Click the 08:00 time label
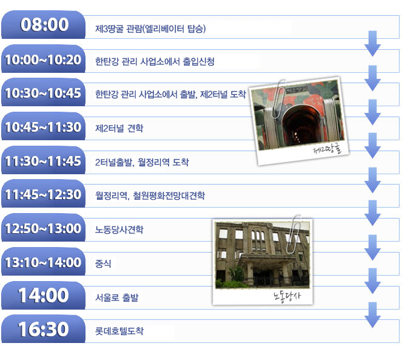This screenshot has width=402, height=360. (x=45, y=25)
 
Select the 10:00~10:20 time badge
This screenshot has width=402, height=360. (x=43, y=59)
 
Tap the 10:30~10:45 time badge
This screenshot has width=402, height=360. (x=43, y=92)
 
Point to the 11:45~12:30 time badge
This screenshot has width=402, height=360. (x=43, y=194)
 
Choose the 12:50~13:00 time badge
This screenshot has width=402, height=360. (x=43, y=228)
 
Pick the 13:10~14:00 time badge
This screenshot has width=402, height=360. (x=43, y=262)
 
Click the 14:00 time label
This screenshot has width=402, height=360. (x=43, y=295)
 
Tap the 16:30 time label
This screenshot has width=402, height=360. (x=43, y=329)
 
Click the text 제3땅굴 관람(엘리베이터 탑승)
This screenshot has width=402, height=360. (x=150, y=29)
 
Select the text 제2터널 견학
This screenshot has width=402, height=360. (x=119, y=128)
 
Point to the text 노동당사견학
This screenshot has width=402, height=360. (x=119, y=229)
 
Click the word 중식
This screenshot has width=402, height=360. (x=103, y=263)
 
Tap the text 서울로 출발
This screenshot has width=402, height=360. (x=117, y=297)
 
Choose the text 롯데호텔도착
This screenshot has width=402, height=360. (x=119, y=331)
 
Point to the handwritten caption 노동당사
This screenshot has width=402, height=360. (x=287, y=297)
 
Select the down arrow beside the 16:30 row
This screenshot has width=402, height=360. (x=372, y=315)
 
